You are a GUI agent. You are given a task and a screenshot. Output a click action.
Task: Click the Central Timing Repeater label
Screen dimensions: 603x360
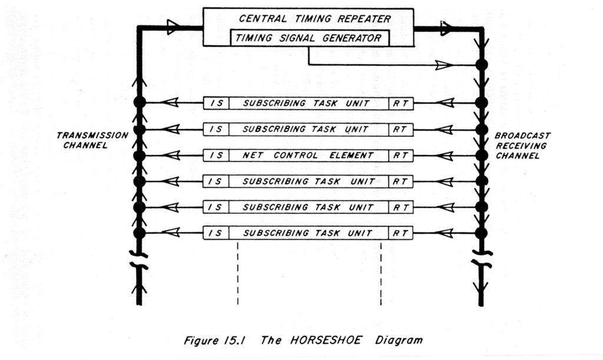314,18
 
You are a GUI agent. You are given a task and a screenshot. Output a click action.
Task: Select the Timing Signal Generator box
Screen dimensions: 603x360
310,38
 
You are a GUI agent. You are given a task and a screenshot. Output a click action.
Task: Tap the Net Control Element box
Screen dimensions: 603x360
308,156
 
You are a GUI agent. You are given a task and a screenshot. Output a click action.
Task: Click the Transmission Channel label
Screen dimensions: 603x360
92,140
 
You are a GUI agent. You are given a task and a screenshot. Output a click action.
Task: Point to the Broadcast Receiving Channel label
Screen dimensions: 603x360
522,146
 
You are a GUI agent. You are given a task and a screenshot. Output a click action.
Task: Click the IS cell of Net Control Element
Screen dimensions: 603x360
216,156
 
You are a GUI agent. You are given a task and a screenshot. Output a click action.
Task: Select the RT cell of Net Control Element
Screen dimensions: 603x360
400,156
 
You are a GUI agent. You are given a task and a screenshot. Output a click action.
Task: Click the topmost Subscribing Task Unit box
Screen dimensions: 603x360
308,103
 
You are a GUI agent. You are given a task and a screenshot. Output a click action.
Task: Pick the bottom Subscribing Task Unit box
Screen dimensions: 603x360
308,233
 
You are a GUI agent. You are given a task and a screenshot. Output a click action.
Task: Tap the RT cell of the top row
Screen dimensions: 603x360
400,103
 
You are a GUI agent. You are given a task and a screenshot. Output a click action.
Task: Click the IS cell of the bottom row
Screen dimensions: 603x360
216,233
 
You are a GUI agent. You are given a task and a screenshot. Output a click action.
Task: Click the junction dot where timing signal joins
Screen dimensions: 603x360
482,65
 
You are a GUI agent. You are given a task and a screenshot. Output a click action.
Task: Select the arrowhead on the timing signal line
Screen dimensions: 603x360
443,65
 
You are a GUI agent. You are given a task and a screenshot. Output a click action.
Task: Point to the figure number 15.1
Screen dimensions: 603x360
234,341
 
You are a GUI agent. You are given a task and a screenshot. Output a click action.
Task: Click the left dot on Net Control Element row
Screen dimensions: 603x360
140,156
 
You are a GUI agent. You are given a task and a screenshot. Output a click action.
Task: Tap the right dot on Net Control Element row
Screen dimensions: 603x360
482,156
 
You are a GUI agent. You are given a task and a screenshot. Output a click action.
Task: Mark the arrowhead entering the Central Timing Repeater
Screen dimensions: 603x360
174,27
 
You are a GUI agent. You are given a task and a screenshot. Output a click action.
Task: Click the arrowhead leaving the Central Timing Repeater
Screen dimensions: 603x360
446,28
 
